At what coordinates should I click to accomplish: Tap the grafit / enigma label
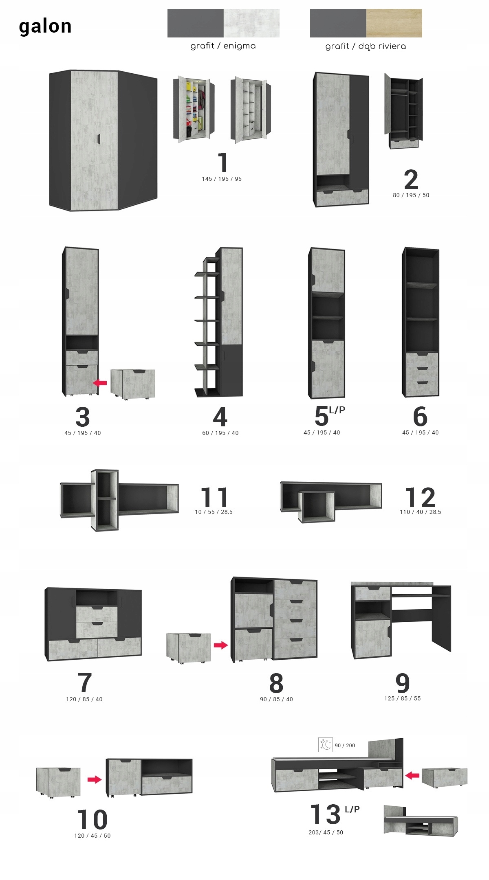point(223,46)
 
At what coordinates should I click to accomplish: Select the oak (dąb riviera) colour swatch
point(394,23)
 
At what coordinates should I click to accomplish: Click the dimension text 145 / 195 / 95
point(222,179)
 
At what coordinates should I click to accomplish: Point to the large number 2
point(411,179)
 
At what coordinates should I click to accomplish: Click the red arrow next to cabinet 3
point(100,383)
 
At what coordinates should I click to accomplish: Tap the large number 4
point(220,417)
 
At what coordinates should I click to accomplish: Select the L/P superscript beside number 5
point(337,410)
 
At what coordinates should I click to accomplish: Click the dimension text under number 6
point(421,432)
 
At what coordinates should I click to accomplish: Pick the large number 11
point(214,497)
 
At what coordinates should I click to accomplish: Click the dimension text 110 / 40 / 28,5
point(421,512)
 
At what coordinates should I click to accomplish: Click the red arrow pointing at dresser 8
point(221,645)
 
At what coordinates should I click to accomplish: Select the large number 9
point(403,683)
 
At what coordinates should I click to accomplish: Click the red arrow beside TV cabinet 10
point(95,779)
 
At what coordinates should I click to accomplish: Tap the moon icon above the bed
point(326,745)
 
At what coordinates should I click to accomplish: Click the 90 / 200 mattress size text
point(345,746)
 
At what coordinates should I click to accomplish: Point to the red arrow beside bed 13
point(412,775)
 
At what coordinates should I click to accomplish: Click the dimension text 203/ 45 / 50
point(326,832)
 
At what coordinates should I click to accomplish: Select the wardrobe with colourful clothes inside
point(194,109)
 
